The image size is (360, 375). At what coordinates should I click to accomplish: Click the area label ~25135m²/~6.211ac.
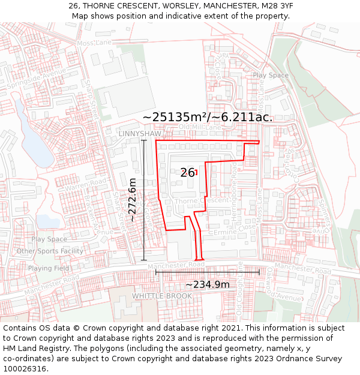[208, 116]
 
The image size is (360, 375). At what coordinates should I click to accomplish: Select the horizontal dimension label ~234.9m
[207, 284]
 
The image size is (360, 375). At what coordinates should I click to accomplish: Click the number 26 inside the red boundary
[187, 173]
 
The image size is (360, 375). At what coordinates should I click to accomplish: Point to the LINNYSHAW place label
[140, 133]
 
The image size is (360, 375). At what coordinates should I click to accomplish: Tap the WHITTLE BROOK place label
[162, 296]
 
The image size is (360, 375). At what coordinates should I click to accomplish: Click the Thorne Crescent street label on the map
[202, 200]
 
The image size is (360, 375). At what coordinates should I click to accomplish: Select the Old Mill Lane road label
[200, 127]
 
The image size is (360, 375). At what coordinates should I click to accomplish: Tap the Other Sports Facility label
[50, 251]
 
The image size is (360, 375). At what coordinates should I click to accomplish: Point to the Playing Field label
[48, 268]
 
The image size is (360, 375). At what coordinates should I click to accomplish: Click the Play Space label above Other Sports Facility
[49, 239]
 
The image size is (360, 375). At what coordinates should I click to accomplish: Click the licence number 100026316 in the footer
[24, 368]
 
